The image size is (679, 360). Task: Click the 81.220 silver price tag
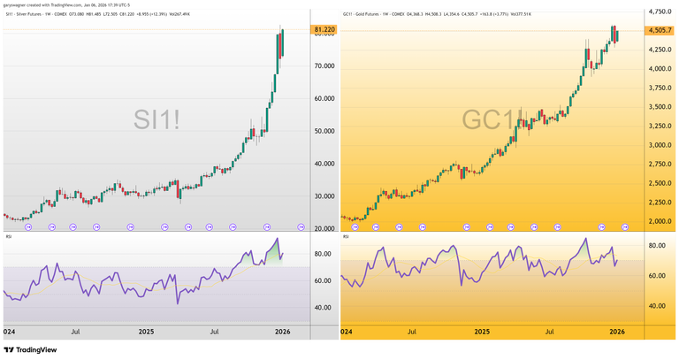click(x=324, y=30)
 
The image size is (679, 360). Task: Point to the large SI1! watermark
click(x=156, y=119)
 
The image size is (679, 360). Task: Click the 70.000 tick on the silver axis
click(x=324, y=66)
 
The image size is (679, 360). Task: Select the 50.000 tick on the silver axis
click(x=324, y=131)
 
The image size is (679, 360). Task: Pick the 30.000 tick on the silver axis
click(x=324, y=196)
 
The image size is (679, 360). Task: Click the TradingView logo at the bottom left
click(x=33, y=349)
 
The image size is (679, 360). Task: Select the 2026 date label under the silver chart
click(x=282, y=331)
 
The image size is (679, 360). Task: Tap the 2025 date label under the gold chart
click(x=482, y=331)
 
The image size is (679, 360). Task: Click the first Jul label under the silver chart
click(x=76, y=331)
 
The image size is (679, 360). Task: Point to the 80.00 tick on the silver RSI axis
click(x=323, y=255)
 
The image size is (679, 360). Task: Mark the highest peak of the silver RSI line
click(x=277, y=239)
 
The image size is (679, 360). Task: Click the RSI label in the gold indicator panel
click(x=346, y=236)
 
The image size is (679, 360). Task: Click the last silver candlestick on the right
click(x=282, y=43)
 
